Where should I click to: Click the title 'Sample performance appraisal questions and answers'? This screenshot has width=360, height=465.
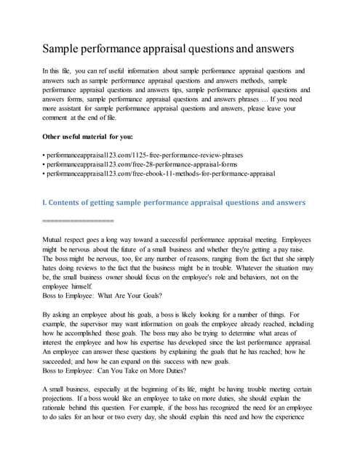168,49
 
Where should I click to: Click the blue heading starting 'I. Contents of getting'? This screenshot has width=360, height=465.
175,201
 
